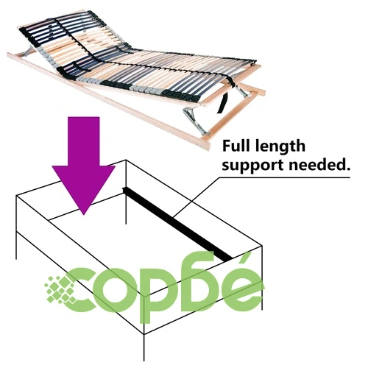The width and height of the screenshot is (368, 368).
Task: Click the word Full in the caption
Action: tap(236, 146)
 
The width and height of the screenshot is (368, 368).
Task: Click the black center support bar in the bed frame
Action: tap(177, 224)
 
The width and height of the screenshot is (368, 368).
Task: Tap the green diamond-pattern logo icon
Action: tap(60, 289)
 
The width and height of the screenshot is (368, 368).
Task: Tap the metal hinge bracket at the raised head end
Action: tap(28, 52)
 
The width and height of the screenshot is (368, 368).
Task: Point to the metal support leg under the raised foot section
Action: tap(196, 121)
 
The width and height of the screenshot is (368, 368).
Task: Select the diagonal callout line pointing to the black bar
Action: tap(196, 197)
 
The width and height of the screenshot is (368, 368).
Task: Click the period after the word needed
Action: tap(347, 169)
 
